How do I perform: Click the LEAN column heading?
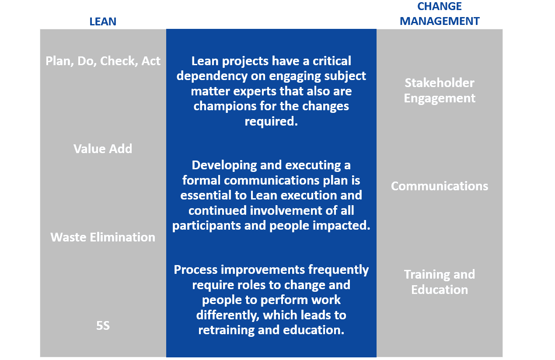(x=103, y=21)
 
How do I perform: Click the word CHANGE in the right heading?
(x=440, y=6)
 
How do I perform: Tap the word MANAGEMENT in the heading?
(x=440, y=21)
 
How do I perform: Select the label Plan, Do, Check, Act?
(x=103, y=61)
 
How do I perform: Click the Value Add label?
(x=103, y=149)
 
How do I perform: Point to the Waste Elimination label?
(x=103, y=237)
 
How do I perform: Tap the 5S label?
(x=103, y=325)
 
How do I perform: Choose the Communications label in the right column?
(x=440, y=186)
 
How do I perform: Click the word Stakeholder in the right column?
(x=440, y=83)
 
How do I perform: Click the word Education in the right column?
(x=440, y=290)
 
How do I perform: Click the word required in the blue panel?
(x=271, y=122)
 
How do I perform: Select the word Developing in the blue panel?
(x=224, y=165)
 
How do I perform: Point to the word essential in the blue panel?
(x=213, y=195)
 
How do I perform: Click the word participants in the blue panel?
(x=206, y=226)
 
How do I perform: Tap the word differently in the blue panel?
(x=228, y=315)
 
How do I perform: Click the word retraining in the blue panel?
(x=226, y=330)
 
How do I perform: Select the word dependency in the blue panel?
(x=212, y=76)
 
